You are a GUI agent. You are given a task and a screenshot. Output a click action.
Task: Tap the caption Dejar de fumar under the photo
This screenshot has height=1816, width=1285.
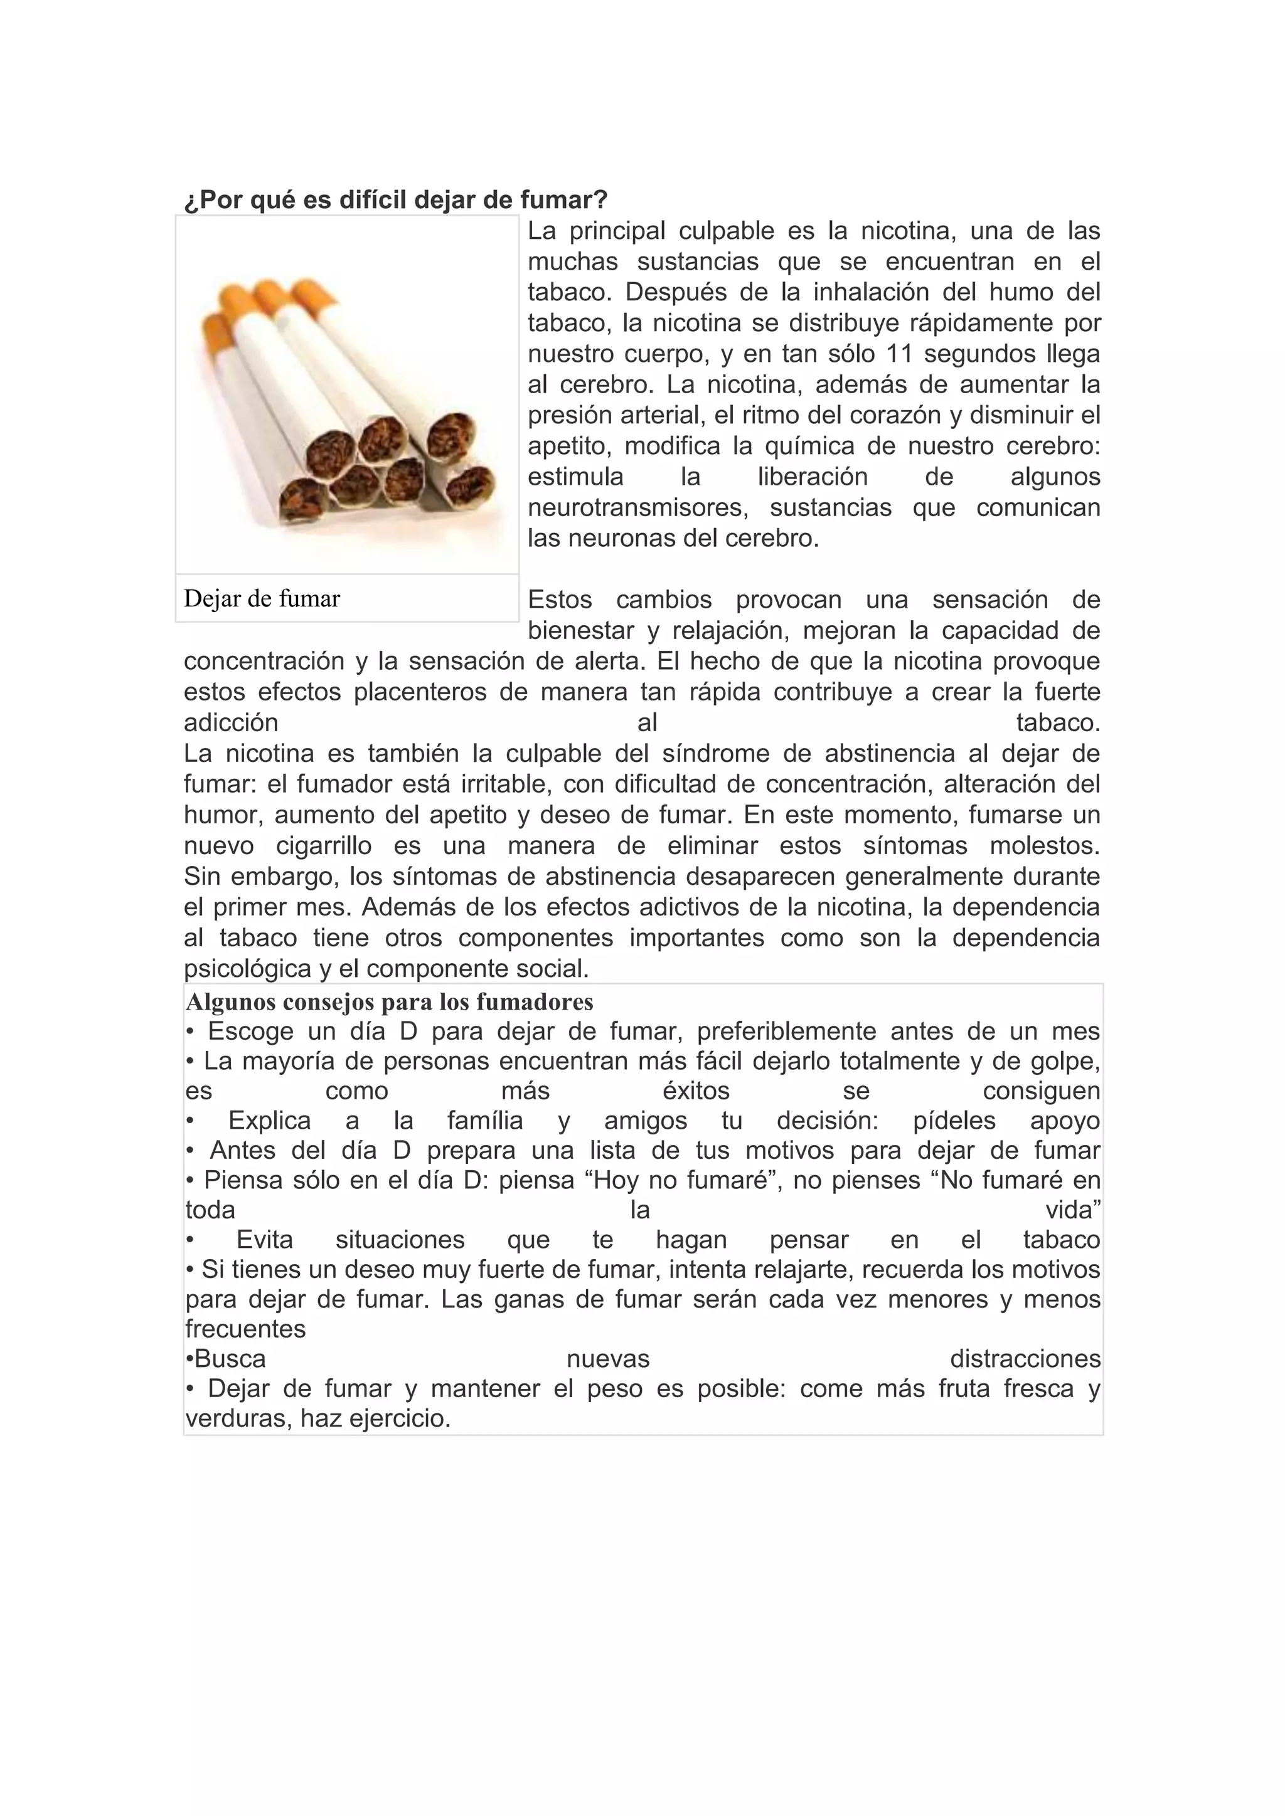pos(261,599)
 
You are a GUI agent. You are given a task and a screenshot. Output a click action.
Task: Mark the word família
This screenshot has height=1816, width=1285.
pos(485,1121)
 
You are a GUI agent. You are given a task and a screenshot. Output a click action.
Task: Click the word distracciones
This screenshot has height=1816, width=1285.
pos(1025,1359)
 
